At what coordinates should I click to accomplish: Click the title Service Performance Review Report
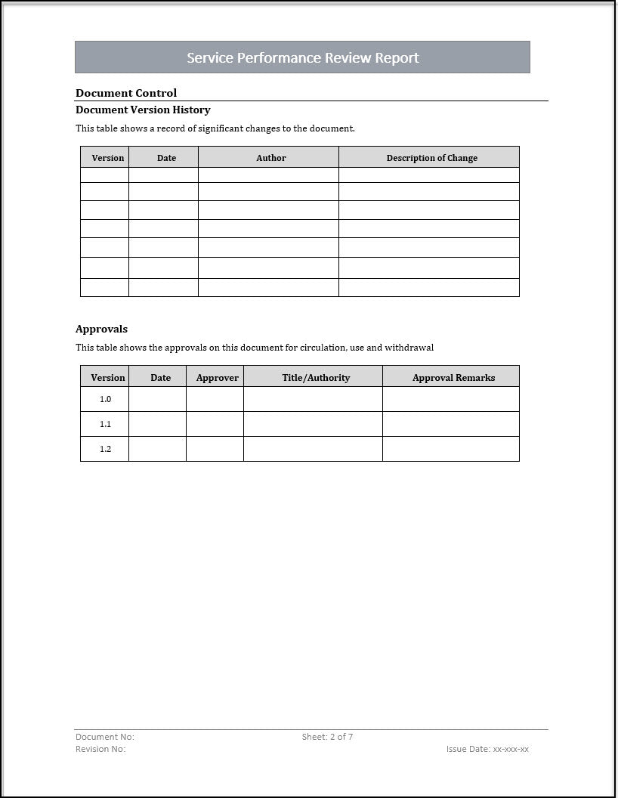(x=302, y=57)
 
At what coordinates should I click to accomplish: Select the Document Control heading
(x=126, y=93)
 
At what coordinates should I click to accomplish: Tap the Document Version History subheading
(x=143, y=110)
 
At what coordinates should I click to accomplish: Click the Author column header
(x=271, y=158)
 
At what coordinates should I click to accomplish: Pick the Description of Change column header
(x=431, y=158)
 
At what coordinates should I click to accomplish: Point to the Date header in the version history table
(x=166, y=158)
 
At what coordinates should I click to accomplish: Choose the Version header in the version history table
(x=108, y=158)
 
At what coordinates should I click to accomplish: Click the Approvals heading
(x=101, y=329)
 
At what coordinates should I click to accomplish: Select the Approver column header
(x=217, y=377)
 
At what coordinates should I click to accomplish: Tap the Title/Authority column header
(x=316, y=377)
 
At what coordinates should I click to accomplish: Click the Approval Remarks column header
(x=453, y=377)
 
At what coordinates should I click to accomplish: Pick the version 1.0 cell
(x=105, y=399)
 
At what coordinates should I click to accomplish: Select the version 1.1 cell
(x=105, y=424)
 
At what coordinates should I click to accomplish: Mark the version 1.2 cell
(x=105, y=449)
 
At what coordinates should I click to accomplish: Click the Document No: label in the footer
(x=105, y=737)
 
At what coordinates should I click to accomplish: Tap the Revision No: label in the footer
(x=100, y=749)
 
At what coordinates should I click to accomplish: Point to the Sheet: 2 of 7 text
(x=327, y=737)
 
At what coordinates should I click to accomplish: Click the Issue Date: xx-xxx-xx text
(x=487, y=749)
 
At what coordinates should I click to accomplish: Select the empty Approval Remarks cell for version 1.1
(x=450, y=424)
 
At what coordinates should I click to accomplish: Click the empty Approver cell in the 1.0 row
(x=215, y=399)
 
